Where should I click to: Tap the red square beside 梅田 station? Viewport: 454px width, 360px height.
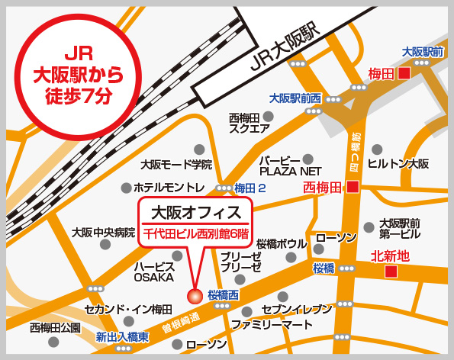(x=404, y=74)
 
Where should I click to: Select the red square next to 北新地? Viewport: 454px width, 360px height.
(x=391, y=272)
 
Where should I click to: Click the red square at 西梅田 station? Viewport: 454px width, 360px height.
(x=353, y=187)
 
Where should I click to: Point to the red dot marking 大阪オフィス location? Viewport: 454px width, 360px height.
(x=195, y=296)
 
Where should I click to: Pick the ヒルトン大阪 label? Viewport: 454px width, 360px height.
(x=398, y=164)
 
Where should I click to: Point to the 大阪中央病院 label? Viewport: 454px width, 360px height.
(x=103, y=232)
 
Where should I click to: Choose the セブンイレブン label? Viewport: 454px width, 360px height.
(x=297, y=309)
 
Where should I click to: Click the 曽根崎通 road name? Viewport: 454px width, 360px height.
(x=181, y=323)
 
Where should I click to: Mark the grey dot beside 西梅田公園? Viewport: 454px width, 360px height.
(x=53, y=342)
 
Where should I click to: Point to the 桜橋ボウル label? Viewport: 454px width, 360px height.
(x=282, y=244)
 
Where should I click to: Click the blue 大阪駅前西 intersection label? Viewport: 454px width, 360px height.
(x=295, y=98)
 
